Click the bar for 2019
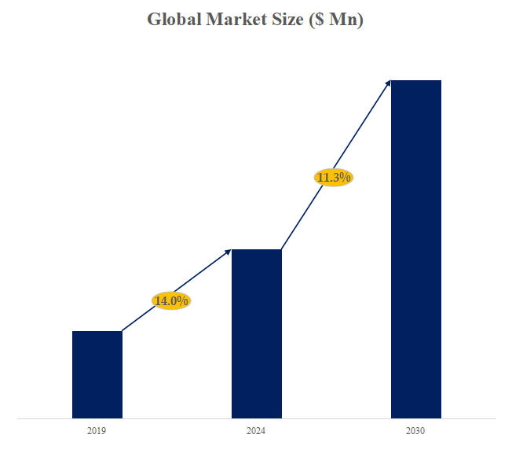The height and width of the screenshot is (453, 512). pyautogui.click(x=97, y=374)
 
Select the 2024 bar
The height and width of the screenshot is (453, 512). pyautogui.click(x=256, y=333)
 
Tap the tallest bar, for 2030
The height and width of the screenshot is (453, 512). pyautogui.click(x=415, y=249)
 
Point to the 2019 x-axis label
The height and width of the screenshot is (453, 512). pyautogui.click(x=97, y=431)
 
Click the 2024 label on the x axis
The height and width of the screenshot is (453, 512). pyautogui.click(x=256, y=431)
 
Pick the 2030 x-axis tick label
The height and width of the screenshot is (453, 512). pyautogui.click(x=415, y=431)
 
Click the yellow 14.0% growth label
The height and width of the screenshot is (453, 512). pyautogui.click(x=171, y=300)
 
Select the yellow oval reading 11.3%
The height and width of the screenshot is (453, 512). pyautogui.click(x=333, y=178)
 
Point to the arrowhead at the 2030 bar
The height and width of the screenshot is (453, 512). pyautogui.click(x=388, y=82)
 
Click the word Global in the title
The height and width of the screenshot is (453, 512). pyautogui.click(x=174, y=20)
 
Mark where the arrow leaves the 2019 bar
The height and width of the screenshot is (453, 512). pyautogui.click(x=123, y=331)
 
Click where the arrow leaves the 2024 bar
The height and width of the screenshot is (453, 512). pyautogui.click(x=282, y=249)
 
